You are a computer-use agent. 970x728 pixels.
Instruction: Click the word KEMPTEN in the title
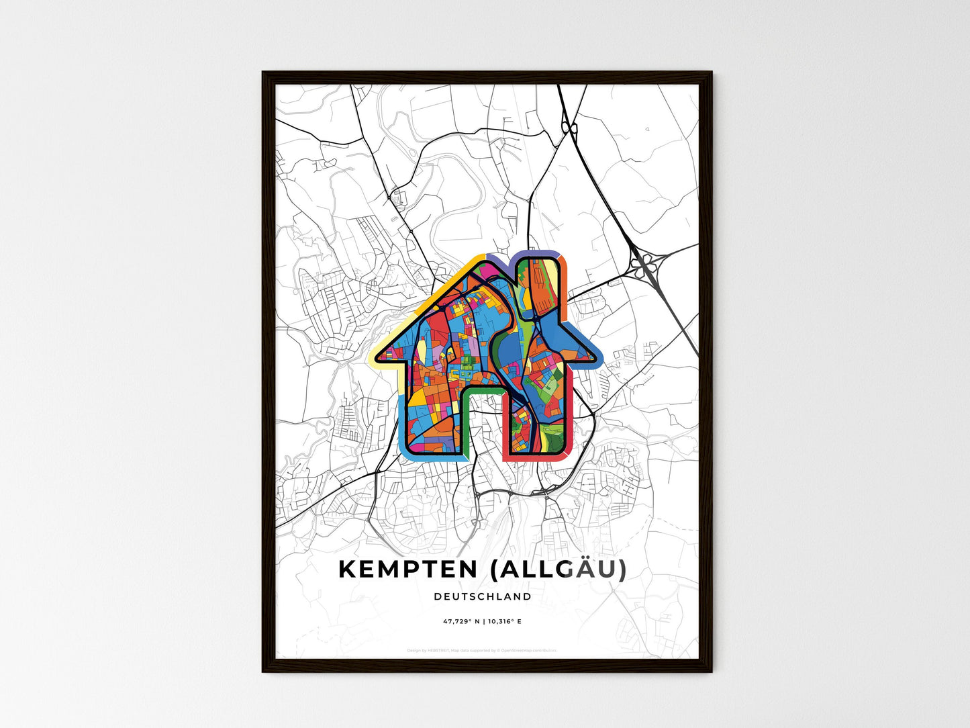(407, 569)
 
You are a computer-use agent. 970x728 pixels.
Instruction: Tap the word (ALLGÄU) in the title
(559, 569)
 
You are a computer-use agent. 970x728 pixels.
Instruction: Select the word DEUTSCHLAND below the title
(483, 596)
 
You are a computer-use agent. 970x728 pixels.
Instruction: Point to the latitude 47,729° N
(460, 621)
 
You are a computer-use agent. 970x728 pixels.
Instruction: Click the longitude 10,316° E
(505, 621)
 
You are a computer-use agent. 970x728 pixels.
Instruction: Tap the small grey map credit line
(482, 650)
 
